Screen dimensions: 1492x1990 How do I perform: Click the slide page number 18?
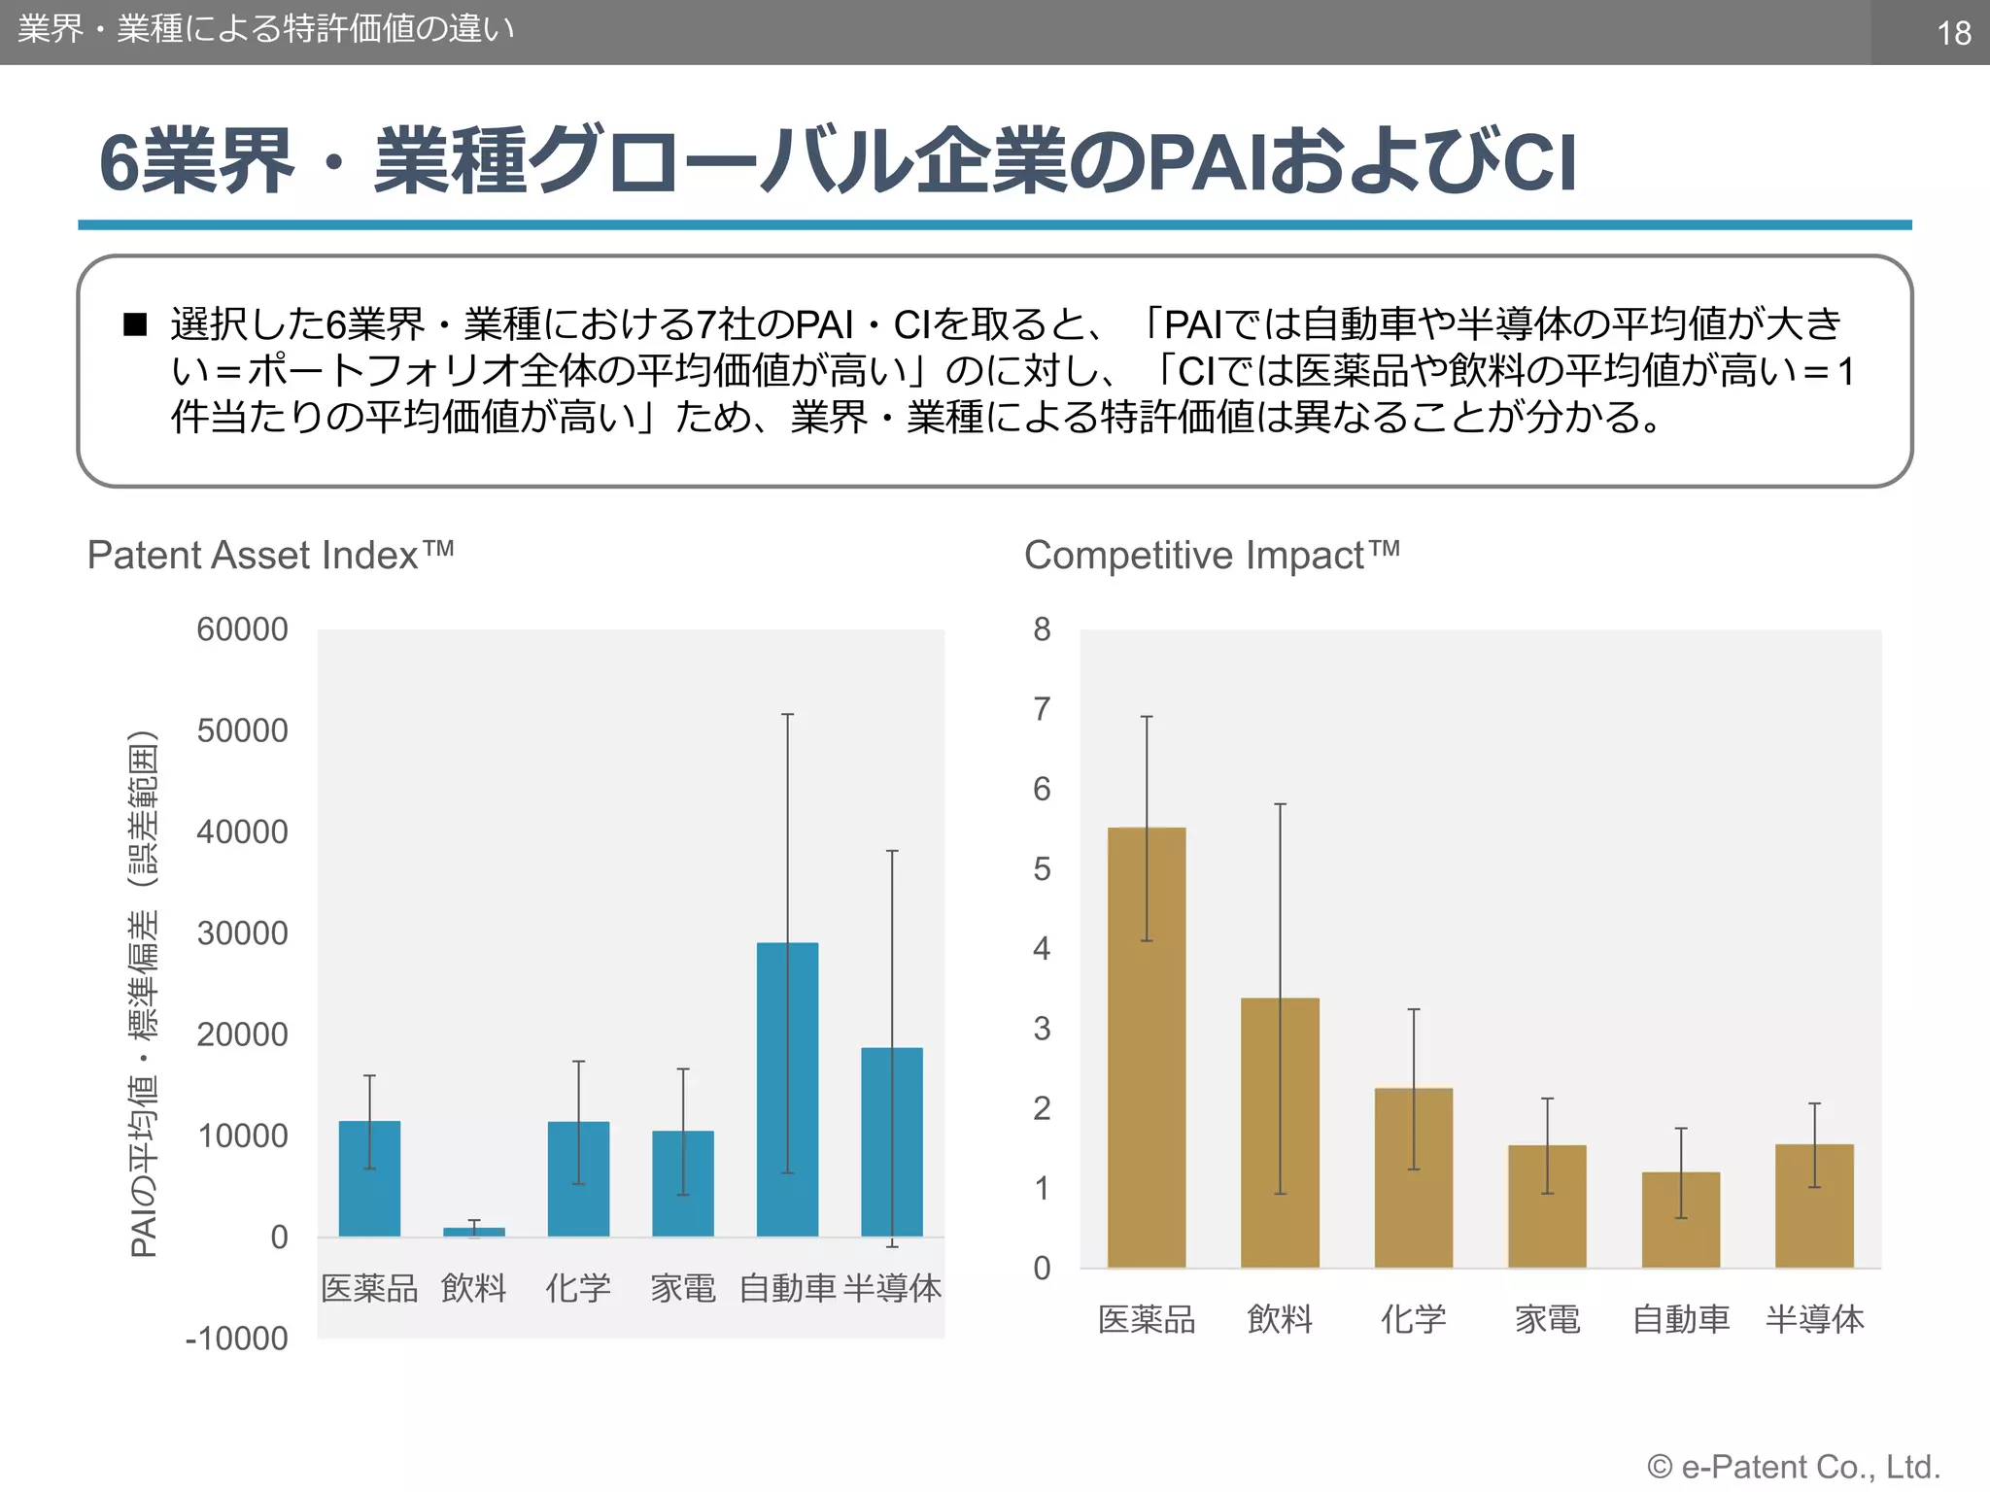(1953, 33)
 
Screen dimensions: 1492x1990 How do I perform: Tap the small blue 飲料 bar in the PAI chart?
(474, 1232)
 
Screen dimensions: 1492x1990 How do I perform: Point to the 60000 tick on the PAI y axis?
(242, 629)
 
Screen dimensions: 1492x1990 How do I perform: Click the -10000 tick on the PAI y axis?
(236, 1339)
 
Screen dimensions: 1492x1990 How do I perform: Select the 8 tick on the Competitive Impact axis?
(1042, 629)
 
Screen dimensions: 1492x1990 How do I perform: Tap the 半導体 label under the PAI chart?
(892, 1288)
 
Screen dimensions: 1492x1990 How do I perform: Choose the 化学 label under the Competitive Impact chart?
(1414, 1319)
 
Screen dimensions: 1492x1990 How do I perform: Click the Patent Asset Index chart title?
(270, 555)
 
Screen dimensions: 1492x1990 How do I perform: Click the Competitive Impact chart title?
(1211, 555)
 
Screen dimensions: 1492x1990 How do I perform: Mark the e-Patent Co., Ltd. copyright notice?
(1794, 1466)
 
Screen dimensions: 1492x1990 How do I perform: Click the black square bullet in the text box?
(135, 324)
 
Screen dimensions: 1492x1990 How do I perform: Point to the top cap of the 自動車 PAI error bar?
(788, 715)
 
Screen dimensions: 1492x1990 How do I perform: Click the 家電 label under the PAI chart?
(682, 1288)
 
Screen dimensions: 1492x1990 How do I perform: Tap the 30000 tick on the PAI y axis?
(242, 933)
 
